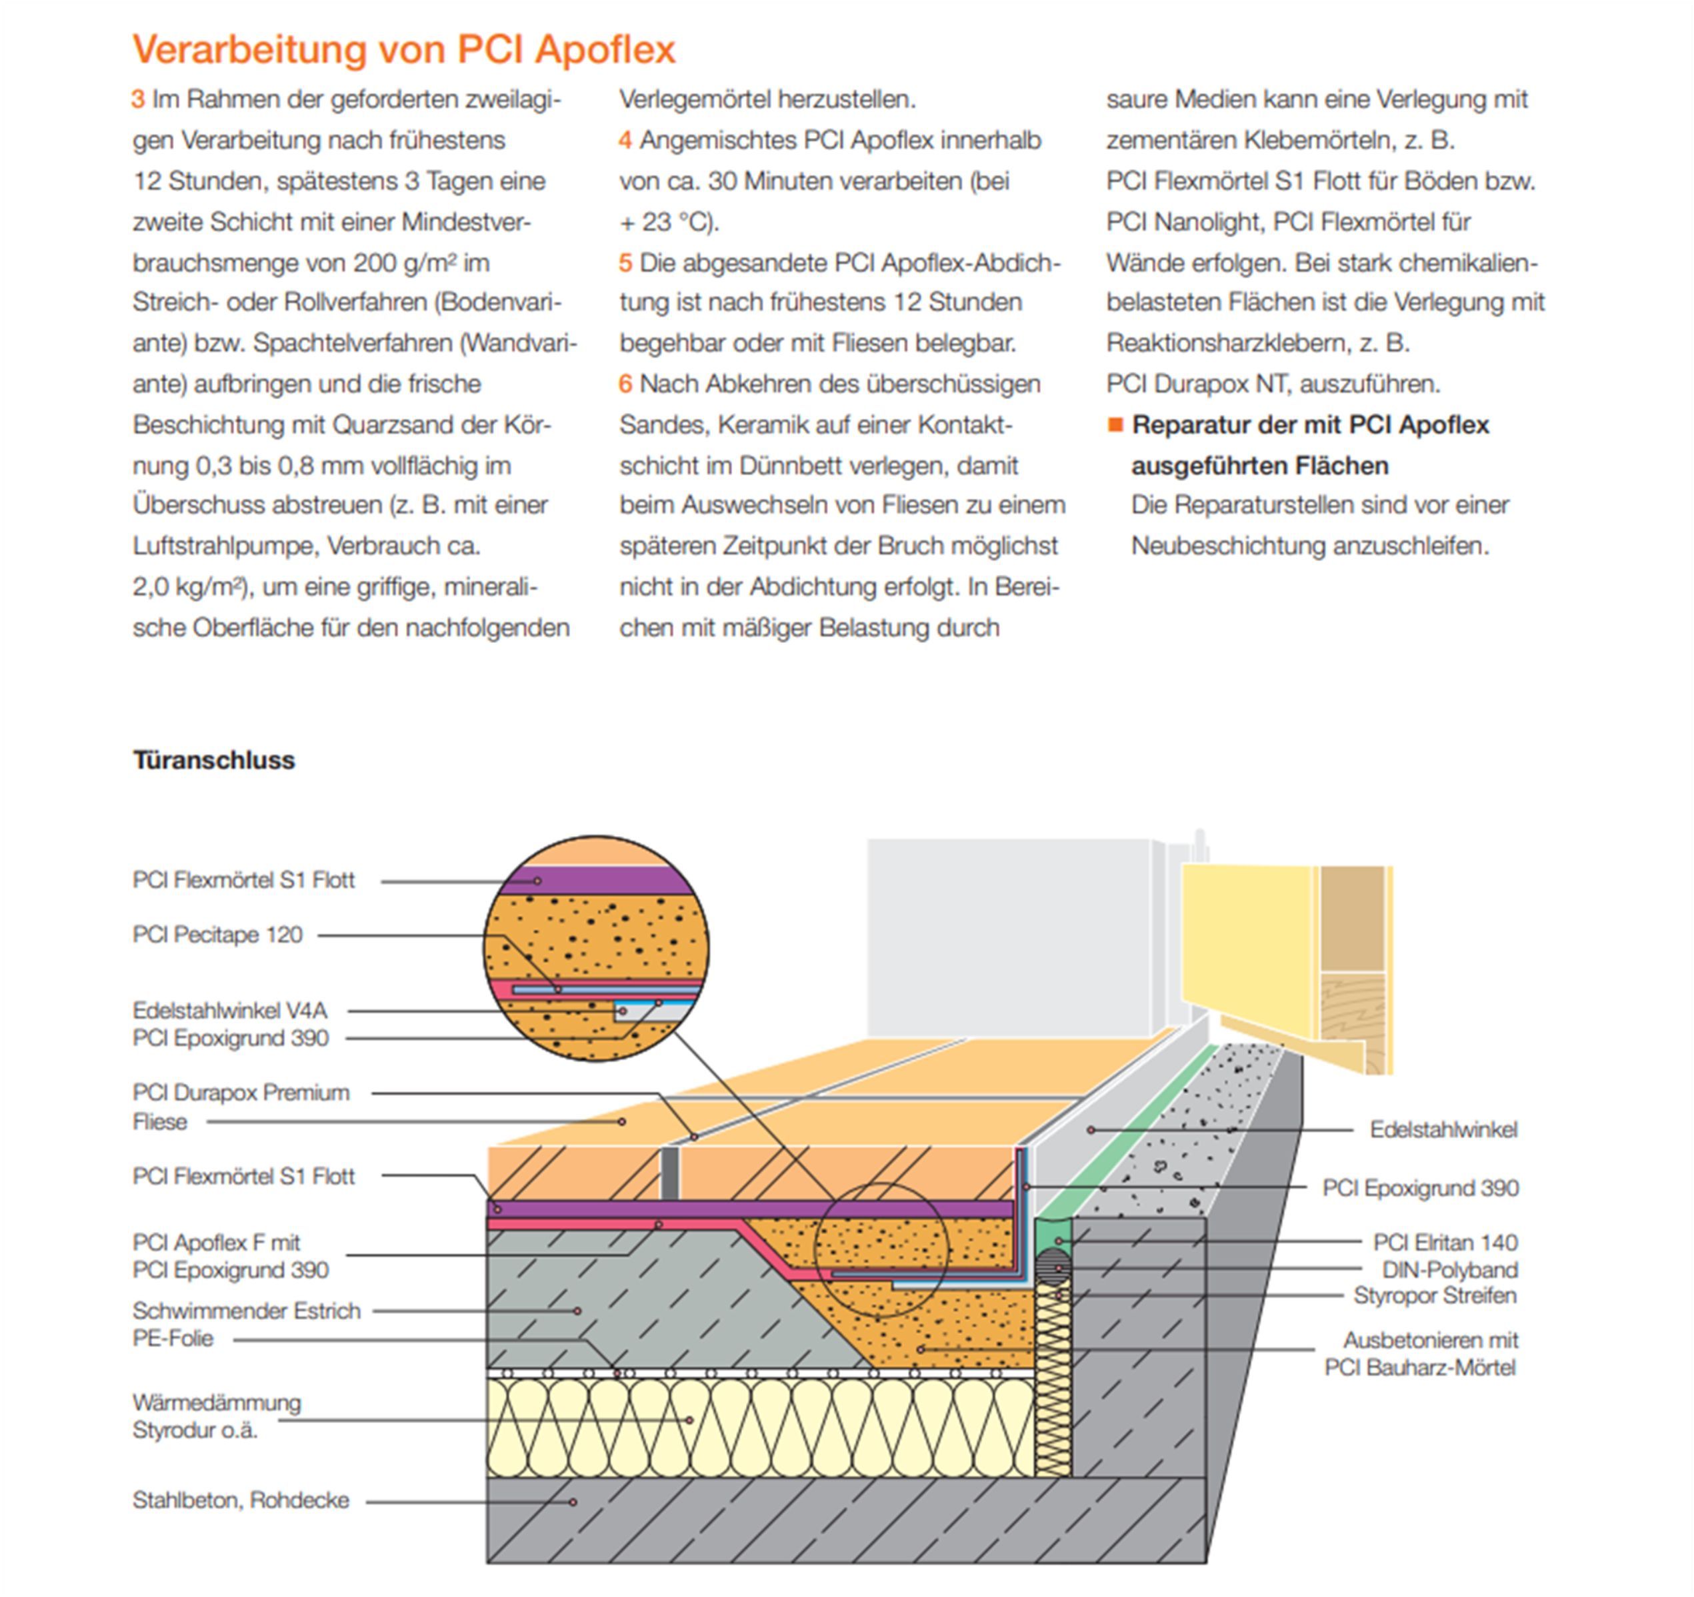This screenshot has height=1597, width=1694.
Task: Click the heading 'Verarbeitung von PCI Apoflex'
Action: [x=403, y=49]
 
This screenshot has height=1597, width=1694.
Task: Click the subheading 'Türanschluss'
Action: [x=214, y=760]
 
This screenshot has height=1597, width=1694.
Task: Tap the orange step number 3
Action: [x=138, y=100]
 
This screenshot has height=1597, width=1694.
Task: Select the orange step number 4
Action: [x=625, y=141]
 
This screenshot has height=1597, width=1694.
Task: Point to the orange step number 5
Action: [x=625, y=263]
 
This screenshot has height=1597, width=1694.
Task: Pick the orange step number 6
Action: [x=625, y=384]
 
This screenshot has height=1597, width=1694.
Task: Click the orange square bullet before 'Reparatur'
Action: [x=1115, y=425]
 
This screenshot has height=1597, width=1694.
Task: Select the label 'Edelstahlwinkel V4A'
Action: [x=230, y=1010]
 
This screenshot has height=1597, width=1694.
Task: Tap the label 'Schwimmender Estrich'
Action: [x=246, y=1310]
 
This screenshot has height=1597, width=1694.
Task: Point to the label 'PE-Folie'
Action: [x=173, y=1338]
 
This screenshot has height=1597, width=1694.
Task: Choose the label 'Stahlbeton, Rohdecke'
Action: [x=241, y=1500]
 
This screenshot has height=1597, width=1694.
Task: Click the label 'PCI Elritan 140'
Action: [x=1445, y=1242]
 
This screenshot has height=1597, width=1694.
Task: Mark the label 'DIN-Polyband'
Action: [x=1449, y=1269]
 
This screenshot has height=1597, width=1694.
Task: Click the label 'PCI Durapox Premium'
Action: [x=241, y=1092]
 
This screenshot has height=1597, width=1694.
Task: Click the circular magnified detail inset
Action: [x=595, y=948]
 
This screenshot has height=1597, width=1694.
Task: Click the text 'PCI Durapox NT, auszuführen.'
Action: [x=1273, y=384]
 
